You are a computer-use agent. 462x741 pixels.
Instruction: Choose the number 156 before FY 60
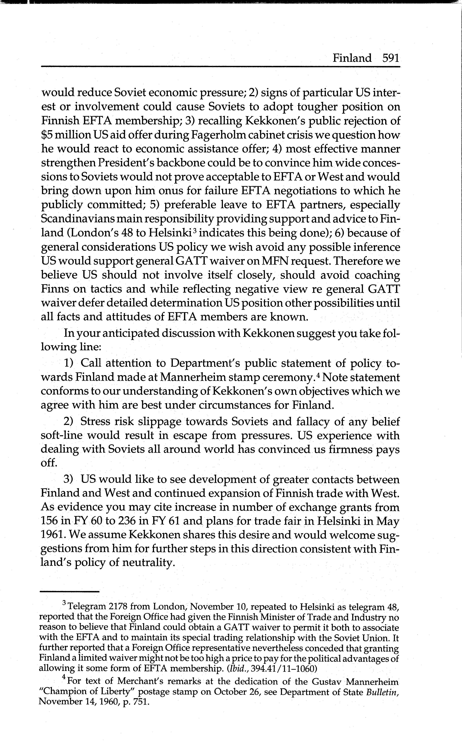tap(50, 521)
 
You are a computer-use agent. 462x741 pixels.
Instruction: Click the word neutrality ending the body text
tap(146, 563)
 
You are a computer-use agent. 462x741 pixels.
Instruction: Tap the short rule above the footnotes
tap(70, 592)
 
